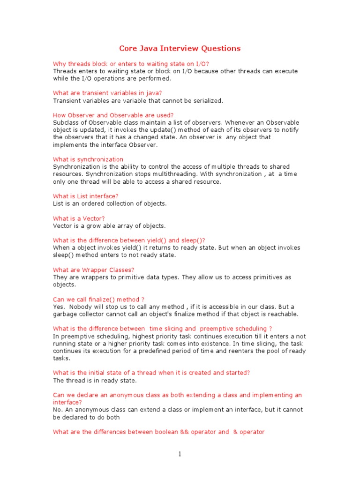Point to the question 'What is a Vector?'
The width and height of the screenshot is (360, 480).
(79, 218)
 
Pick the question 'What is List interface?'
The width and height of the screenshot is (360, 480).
(86, 196)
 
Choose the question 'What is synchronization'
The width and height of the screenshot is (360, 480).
(88, 159)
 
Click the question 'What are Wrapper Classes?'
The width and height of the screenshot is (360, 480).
(94, 270)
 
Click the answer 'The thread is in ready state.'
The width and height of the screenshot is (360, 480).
(95, 380)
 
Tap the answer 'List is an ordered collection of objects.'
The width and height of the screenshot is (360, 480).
(110, 203)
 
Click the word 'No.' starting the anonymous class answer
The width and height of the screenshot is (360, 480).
(58, 410)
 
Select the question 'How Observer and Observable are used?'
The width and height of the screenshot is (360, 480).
(113, 115)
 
